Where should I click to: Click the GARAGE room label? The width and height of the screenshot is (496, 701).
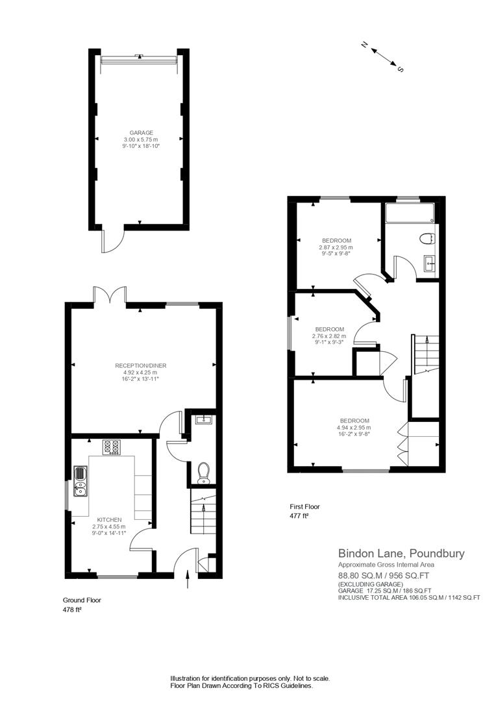[141, 132]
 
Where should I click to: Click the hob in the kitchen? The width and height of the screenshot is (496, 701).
[112, 447]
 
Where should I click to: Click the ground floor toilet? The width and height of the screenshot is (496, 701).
[203, 472]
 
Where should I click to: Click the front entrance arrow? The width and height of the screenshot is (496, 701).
[188, 579]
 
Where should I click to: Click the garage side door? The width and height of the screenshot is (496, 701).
[108, 241]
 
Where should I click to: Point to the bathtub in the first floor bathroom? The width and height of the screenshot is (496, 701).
[409, 213]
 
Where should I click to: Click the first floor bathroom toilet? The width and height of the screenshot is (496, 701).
[427, 238]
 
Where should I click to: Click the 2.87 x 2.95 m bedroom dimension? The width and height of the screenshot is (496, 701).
[336, 247]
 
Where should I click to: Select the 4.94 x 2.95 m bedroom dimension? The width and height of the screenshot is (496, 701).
[354, 428]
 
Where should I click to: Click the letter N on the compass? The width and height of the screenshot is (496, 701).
[365, 45]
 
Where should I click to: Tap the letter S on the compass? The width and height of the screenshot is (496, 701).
[400, 69]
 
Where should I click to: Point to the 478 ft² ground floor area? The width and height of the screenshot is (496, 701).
[72, 610]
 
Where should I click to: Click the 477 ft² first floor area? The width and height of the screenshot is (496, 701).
[299, 516]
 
